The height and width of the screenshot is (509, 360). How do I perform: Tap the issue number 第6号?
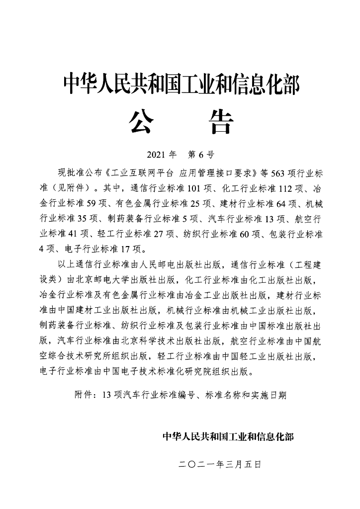(198, 154)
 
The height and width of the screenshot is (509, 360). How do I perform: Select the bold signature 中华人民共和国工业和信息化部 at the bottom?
(228, 437)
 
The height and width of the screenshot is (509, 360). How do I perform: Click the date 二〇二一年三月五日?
(219, 465)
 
